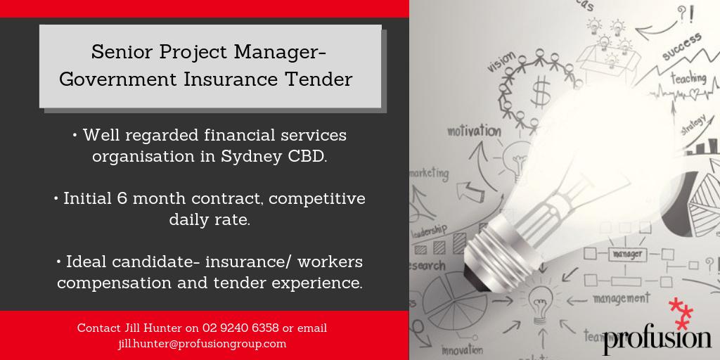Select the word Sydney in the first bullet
pos(253,156)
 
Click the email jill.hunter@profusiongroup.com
pos(202,344)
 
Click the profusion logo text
pos(657,340)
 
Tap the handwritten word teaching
pos(687,79)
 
